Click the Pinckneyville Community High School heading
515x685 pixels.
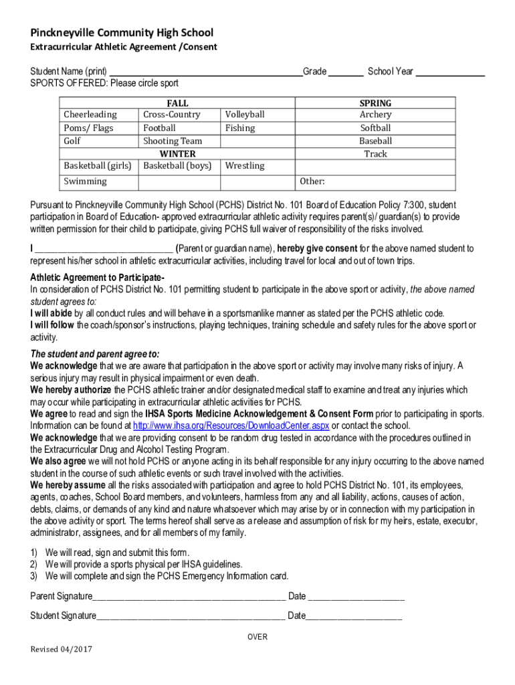122,33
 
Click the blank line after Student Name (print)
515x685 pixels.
205,72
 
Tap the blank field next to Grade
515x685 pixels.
346,72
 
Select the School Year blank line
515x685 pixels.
450,72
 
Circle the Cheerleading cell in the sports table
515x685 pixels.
90,114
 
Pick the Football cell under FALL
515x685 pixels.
159,128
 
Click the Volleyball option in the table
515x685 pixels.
245,114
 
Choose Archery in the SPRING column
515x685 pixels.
375,114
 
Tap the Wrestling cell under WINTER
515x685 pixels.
245,165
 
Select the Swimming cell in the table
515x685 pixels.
85,181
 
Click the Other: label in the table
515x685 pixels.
312,181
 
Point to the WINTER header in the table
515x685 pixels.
177,153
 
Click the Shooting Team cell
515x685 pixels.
173,141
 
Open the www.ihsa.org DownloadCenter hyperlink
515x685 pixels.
231,425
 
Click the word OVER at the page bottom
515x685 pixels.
257,637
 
